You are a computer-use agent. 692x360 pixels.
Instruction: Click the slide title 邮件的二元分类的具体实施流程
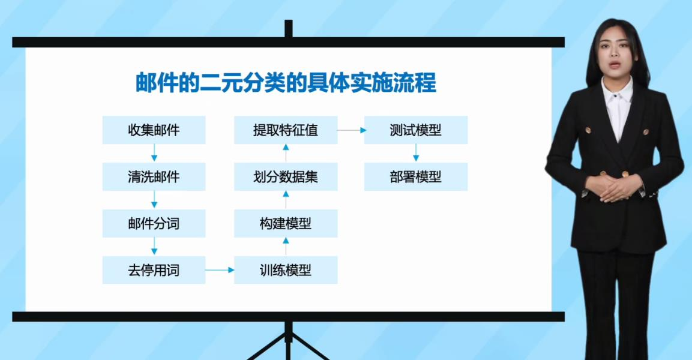click(x=286, y=83)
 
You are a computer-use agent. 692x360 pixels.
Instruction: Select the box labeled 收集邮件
click(x=154, y=130)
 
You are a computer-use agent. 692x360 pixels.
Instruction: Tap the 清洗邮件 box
click(x=154, y=176)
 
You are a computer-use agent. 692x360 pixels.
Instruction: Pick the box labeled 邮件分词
click(x=154, y=223)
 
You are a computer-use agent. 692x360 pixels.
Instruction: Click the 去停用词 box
click(x=154, y=270)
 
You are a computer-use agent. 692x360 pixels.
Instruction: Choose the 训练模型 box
click(x=286, y=270)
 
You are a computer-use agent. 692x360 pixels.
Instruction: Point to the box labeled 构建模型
click(x=286, y=223)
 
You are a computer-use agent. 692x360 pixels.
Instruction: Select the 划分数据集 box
click(x=286, y=176)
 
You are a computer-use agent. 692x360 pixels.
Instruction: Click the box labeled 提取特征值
click(x=286, y=130)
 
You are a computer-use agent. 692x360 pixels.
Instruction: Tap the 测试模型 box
click(x=416, y=130)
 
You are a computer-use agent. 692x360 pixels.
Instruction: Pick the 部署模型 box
click(x=416, y=176)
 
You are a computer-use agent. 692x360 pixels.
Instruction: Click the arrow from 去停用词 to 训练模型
click(x=220, y=270)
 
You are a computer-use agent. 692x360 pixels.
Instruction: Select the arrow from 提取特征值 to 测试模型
click(x=352, y=130)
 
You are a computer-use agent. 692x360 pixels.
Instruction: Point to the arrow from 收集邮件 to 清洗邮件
click(x=154, y=152)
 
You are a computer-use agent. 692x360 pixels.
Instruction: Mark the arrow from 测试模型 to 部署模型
click(x=416, y=152)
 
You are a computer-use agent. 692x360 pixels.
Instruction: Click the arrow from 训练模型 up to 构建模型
click(x=286, y=247)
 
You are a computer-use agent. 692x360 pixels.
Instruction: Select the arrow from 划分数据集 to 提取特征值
click(x=286, y=153)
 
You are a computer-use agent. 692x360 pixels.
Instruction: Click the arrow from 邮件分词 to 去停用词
click(x=154, y=246)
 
